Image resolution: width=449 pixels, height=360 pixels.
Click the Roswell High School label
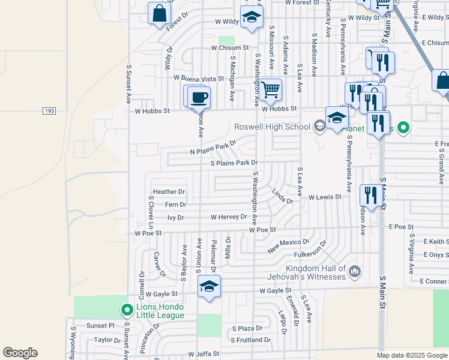[272, 127]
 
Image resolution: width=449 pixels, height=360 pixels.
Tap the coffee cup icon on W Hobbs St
[199, 97]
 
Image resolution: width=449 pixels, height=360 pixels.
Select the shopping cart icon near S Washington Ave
[271, 90]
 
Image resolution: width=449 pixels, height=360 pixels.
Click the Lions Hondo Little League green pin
[127, 310]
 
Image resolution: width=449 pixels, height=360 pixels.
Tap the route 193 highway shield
[50, 111]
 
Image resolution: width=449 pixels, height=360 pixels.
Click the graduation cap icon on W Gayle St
[209, 286]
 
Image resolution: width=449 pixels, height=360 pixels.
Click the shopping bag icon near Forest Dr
[160, 14]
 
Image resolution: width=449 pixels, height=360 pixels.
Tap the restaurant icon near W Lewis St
[370, 195]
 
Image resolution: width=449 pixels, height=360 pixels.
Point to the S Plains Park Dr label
[234, 163]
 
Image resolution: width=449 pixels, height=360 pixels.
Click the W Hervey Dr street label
[229, 217]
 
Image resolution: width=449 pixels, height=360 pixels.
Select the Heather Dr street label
[169, 192]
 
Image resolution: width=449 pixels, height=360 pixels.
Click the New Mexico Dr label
[288, 246]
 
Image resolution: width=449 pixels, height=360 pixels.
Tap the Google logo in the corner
[20, 353]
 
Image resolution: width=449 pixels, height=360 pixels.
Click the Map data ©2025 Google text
[411, 355]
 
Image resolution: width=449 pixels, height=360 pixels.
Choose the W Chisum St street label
[231, 48]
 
